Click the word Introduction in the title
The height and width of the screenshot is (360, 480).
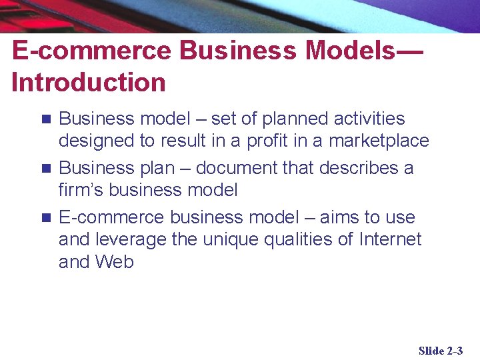[89, 83]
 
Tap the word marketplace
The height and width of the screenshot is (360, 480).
[379, 141]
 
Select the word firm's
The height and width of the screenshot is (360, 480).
[81, 190]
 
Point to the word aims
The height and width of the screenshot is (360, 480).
[340, 217]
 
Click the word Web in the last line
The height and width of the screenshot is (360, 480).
[115, 262]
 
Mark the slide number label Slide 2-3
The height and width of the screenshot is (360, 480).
[440, 351]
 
